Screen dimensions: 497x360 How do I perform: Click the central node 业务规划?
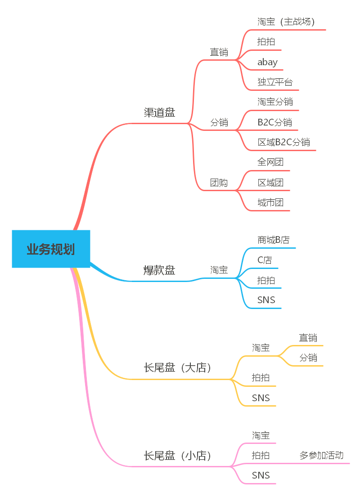(x=51, y=249)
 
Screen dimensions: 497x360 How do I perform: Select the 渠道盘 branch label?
(x=159, y=112)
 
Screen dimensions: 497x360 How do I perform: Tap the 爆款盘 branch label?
(x=159, y=270)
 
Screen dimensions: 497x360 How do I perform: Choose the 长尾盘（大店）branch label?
(x=177, y=367)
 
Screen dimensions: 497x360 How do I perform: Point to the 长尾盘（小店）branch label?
(x=177, y=455)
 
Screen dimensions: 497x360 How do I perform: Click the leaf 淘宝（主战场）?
(x=286, y=21)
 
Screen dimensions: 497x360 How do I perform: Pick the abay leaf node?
(x=267, y=62)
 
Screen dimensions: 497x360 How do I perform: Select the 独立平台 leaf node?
(x=275, y=82)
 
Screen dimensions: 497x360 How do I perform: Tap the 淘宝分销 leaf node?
(x=275, y=102)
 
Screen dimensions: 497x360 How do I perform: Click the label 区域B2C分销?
(x=283, y=142)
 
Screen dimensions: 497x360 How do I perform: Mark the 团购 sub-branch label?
(x=219, y=183)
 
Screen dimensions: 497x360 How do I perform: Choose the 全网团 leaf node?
(x=270, y=162)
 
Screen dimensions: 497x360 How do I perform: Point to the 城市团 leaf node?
(x=270, y=202)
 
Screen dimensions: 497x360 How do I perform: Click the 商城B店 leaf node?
(x=273, y=240)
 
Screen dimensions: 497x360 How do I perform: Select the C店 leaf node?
(x=265, y=260)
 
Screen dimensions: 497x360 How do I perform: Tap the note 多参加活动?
(x=321, y=455)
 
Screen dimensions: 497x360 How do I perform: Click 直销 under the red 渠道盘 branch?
(x=219, y=52)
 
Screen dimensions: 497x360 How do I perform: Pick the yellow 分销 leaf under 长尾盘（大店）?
(x=308, y=358)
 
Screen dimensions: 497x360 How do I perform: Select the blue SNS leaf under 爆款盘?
(x=266, y=300)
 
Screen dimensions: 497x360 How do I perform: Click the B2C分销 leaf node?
(x=274, y=122)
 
